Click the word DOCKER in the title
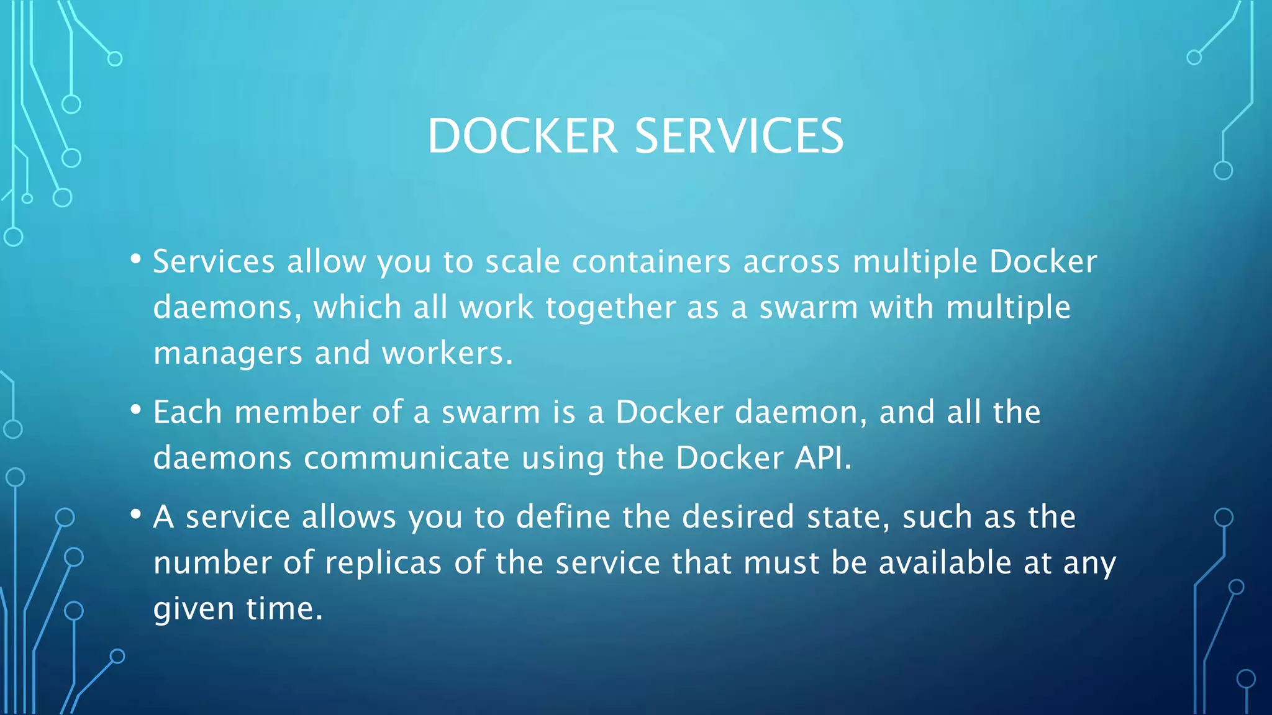[x=522, y=136]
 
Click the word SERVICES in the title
[x=739, y=136]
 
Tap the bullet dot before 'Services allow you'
[x=135, y=259]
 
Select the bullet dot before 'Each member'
[x=135, y=410]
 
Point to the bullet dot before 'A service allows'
[x=135, y=515]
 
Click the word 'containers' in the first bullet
[x=651, y=261]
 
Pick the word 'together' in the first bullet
[x=611, y=308]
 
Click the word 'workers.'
[x=447, y=353]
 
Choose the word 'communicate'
[x=407, y=458]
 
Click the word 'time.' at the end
[x=284, y=608]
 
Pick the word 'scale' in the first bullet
[x=522, y=261]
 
